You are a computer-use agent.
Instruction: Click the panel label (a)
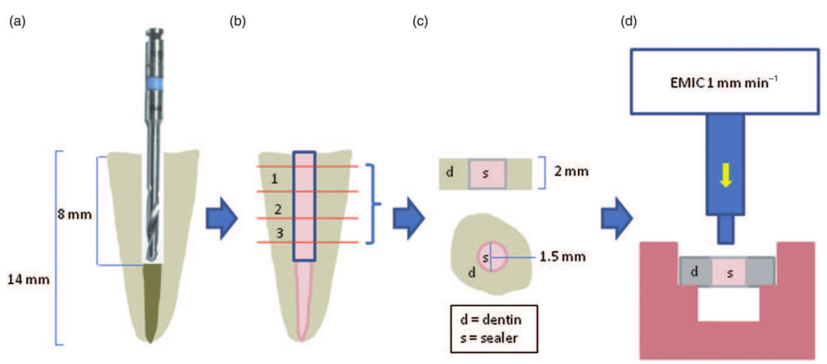(17, 21)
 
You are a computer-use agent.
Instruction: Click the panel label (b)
(237, 21)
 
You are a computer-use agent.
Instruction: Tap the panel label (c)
(420, 21)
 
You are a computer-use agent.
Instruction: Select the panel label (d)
(628, 21)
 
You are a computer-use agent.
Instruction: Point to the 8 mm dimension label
(75, 214)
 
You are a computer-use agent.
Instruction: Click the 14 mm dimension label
(28, 279)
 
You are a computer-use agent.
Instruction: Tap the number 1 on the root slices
(274, 179)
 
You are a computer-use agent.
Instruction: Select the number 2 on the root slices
(278, 209)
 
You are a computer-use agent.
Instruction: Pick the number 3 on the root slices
(280, 233)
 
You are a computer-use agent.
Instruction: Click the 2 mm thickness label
(571, 171)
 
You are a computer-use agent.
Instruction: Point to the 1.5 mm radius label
(562, 257)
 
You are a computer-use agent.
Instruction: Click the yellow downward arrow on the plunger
(726, 175)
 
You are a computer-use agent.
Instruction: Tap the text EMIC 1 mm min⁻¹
(724, 82)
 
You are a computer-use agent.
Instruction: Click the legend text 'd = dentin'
(491, 319)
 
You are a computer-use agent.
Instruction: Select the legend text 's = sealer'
(489, 338)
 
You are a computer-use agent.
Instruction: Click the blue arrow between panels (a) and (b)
(221, 218)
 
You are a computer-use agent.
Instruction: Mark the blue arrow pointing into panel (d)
(616, 218)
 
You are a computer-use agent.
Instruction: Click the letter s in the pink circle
(485, 258)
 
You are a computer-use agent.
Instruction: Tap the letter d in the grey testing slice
(694, 271)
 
